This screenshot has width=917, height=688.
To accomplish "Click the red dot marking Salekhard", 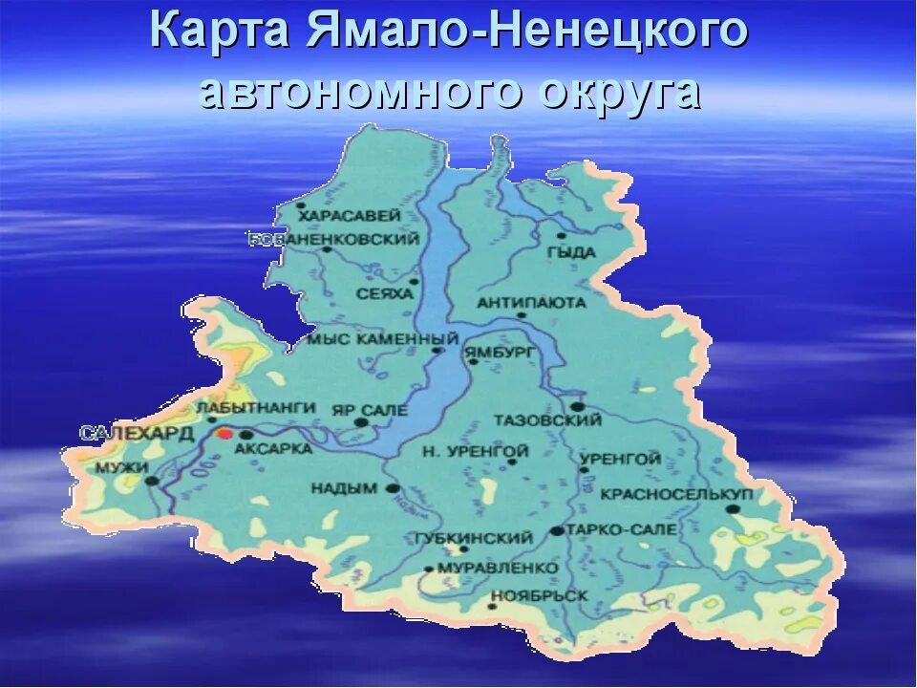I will (x=224, y=433).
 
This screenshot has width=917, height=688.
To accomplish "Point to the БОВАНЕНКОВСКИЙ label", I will (x=334, y=239).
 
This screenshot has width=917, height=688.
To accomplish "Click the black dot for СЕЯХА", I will (x=414, y=281).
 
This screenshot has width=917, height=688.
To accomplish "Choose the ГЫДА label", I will (x=571, y=252).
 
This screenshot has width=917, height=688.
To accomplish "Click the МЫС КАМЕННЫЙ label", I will (x=382, y=339).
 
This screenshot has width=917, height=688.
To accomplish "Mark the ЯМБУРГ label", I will (x=501, y=352).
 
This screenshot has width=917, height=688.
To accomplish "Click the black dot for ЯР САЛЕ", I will (x=361, y=421).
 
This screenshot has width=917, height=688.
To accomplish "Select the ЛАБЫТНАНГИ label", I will (x=255, y=408).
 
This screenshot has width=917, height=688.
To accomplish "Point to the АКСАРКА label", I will (x=272, y=448).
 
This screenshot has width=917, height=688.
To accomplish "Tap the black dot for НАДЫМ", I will (x=392, y=487).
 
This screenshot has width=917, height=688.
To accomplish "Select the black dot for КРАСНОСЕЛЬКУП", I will (x=733, y=509).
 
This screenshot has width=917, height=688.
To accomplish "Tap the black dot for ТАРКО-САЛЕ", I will (x=556, y=530).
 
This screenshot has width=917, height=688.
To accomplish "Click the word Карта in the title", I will (x=219, y=31).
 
